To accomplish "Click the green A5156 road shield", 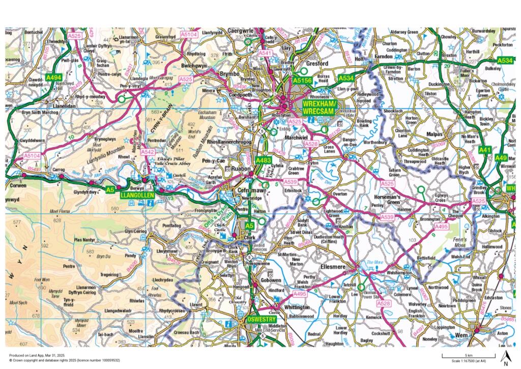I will tap(302, 80).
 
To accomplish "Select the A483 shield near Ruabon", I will tap(263, 161).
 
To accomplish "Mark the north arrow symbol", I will tap(505, 358).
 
